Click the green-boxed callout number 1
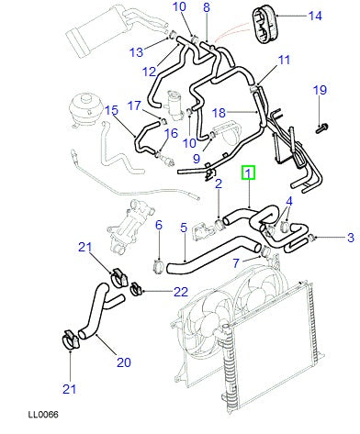coord(248,172)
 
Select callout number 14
coord(315,16)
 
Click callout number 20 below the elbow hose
coord(124,363)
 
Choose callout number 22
coord(182,292)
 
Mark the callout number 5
coord(184,228)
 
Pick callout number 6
coord(157,226)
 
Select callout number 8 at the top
coord(207,8)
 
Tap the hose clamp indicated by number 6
coord(157,266)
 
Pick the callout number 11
coord(284,61)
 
